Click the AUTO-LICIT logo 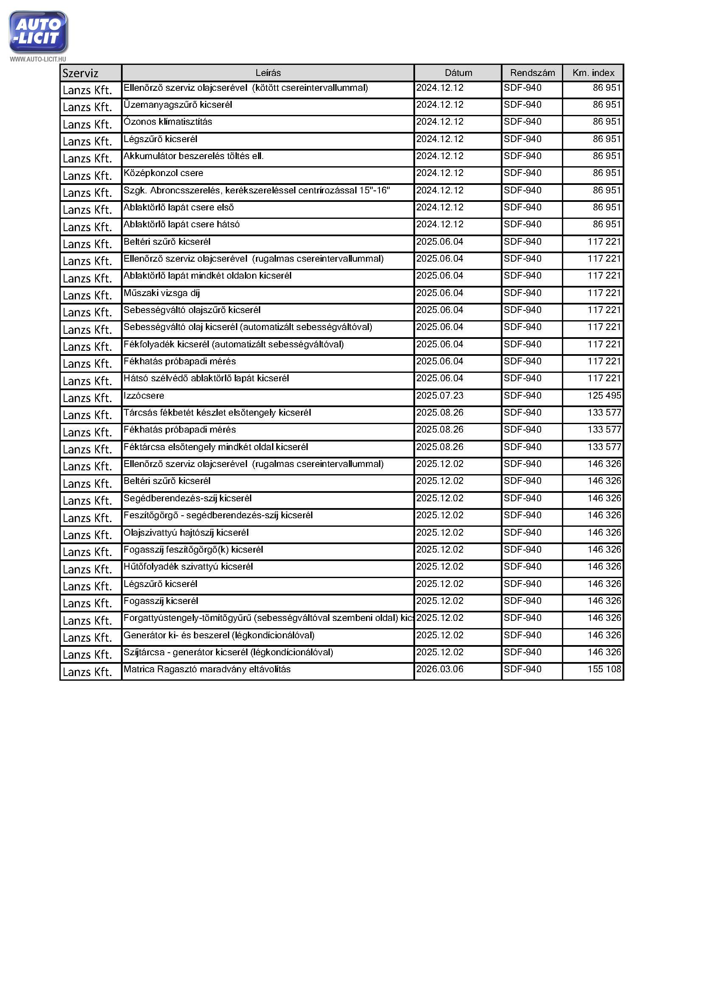(x=38, y=32)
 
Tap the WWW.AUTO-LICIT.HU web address (x=38, y=59)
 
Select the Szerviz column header (x=80, y=73)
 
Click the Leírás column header (x=267, y=73)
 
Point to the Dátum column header (x=458, y=73)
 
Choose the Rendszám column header (x=532, y=73)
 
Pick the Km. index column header (x=593, y=73)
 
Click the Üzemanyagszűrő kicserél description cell (x=178, y=105)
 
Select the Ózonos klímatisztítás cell (x=168, y=122)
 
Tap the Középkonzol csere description (x=163, y=173)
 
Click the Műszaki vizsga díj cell (x=162, y=293)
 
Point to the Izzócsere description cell (x=144, y=396)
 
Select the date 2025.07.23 (x=440, y=396)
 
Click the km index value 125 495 (x=604, y=396)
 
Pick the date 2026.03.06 (x=440, y=669)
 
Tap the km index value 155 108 (x=604, y=669)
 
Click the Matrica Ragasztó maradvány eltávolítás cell (x=207, y=669)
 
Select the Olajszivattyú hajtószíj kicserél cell (x=186, y=533)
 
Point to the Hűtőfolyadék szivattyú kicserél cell (x=188, y=567)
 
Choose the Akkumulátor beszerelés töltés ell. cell (x=194, y=156)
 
